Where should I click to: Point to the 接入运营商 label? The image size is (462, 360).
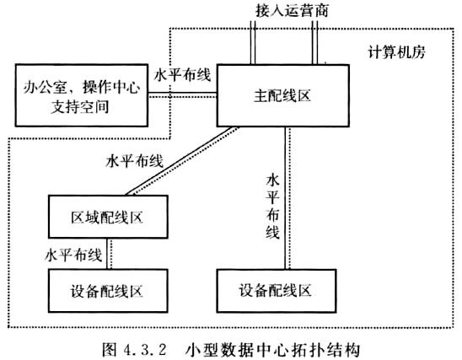[292, 11]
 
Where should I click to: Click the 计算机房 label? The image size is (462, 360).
[396, 52]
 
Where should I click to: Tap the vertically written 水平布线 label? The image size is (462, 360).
[272, 207]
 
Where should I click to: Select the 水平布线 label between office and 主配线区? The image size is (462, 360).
[183, 75]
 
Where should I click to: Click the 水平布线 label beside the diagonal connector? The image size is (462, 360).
[134, 161]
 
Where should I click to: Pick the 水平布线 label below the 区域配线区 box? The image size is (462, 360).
[73, 255]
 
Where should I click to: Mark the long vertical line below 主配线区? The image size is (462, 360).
[285, 198]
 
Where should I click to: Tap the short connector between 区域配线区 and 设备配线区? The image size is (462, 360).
[107, 254]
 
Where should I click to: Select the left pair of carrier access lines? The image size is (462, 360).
[253, 42]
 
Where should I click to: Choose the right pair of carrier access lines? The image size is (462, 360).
[314, 42]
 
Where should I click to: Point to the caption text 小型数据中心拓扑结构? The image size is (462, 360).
[272, 350]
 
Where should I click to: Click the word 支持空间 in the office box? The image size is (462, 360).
[80, 106]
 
